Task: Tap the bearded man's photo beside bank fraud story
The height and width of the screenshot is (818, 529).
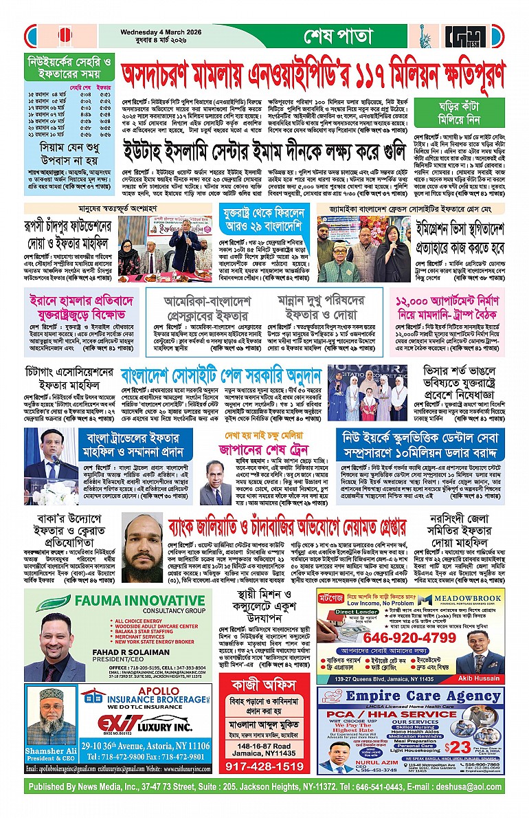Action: click(144, 546)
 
